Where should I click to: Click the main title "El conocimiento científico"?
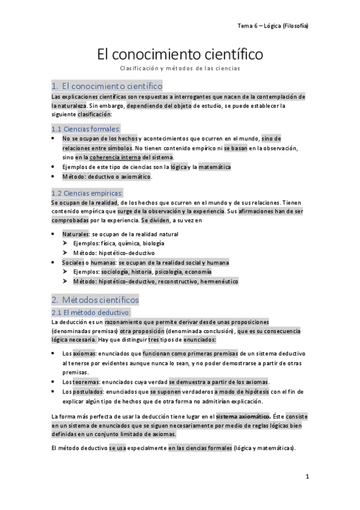[180, 55]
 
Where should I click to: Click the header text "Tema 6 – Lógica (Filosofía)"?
[273, 25]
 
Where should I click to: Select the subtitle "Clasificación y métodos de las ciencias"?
[180, 69]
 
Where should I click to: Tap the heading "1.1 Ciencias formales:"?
[86, 128]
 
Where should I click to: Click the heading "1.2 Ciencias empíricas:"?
[87, 193]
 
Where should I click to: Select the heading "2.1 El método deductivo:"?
[90, 312]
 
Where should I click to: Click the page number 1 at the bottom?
[307, 476]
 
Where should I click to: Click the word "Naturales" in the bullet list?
[75, 233]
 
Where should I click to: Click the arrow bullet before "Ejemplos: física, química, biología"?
[66, 243]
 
